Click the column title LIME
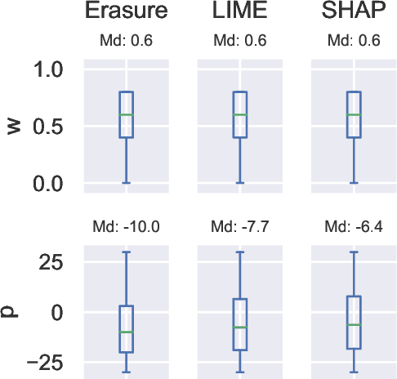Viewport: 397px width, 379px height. (x=239, y=14)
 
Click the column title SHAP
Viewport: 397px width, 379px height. (x=354, y=14)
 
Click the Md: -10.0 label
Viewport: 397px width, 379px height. (x=126, y=225)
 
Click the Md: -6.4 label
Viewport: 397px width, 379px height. (x=354, y=225)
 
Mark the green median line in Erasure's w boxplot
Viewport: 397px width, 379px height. (x=126, y=115)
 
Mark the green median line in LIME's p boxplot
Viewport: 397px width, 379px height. (x=239, y=328)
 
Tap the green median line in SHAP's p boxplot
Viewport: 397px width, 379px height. (x=354, y=325)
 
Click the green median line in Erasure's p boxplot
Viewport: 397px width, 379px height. (x=126, y=332)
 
